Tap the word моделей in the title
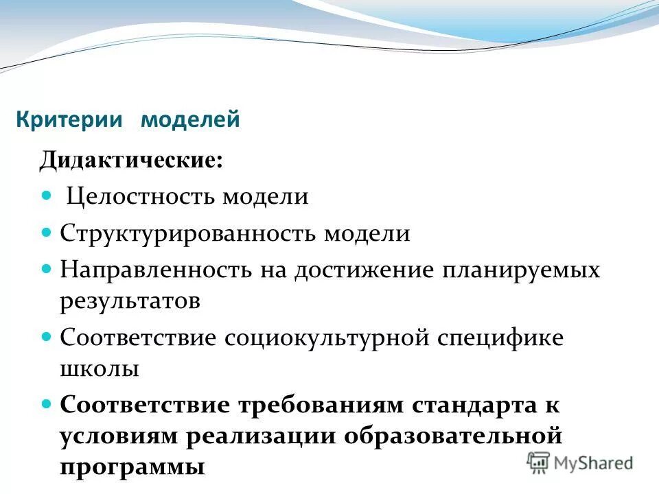pyautogui.click(x=190, y=119)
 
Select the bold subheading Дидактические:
pyautogui.click(x=130, y=161)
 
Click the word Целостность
pyautogui.click(x=141, y=198)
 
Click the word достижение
pyautogui.click(x=365, y=270)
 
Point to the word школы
pyautogui.click(x=100, y=369)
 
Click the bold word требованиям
pyautogui.click(x=322, y=403)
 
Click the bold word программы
pyautogui.click(x=132, y=468)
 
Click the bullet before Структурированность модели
pyautogui.click(x=47, y=233)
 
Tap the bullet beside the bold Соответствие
pyautogui.click(x=47, y=403)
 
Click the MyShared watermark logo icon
pyautogui.click(x=538, y=462)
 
